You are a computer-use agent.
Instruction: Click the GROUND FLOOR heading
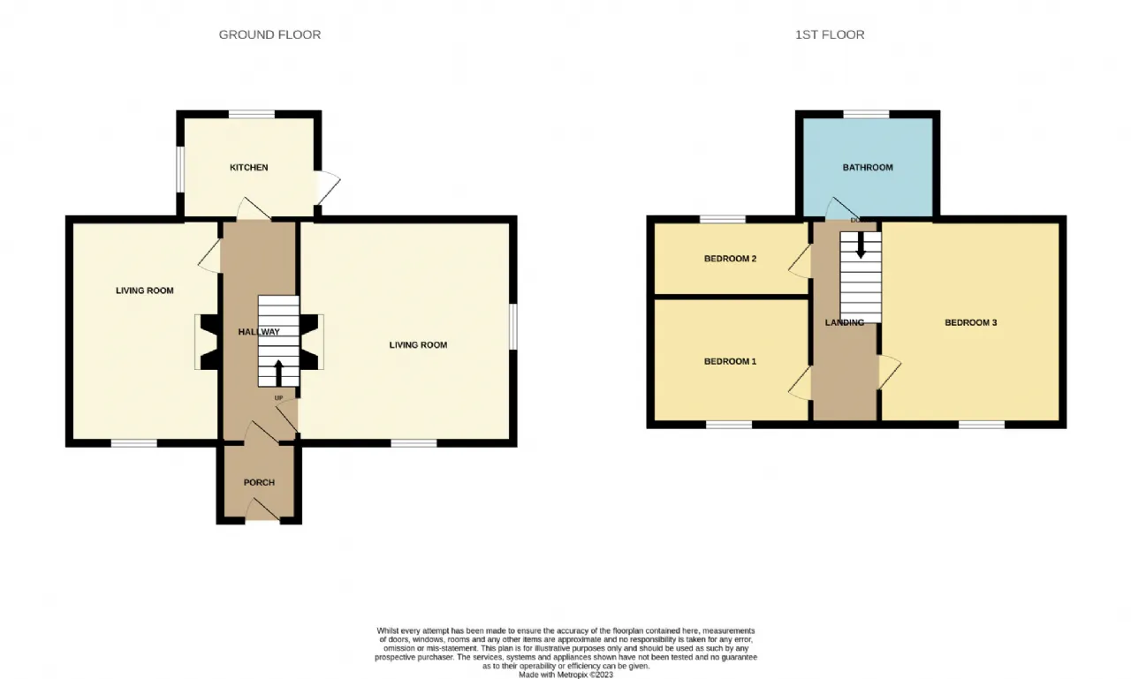[x=269, y=34]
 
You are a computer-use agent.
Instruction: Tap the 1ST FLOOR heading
[x=830, y=34]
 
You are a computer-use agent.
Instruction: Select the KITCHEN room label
[x=249, y=168]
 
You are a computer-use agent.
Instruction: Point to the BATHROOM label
[x=868, y=168]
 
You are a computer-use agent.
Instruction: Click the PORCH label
[x=259, y=483]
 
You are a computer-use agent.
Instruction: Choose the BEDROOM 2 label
[x=730, y=259]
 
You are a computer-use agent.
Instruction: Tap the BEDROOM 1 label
[x=730, y=361]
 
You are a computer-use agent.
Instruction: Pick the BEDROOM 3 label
[x=970, y=322]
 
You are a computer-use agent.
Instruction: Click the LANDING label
[x=844, y=322]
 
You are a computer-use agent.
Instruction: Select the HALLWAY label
[x=259, y=332]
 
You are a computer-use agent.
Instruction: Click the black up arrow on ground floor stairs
[x=278, y=373]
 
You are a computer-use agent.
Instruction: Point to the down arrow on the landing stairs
[x=861, y=245]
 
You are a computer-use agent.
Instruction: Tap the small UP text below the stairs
[x=278, y=398]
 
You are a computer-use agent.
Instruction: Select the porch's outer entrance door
[x=262, y=509]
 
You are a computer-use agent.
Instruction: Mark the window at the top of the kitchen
[x=252, y=114]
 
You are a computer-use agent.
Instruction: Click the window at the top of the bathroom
[x=866, y=114]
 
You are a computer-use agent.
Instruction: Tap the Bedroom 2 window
[x=723, y=219]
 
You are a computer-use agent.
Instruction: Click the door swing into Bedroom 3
[x=890, y=373]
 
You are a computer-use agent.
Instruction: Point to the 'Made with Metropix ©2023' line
[x=565, y=675]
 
